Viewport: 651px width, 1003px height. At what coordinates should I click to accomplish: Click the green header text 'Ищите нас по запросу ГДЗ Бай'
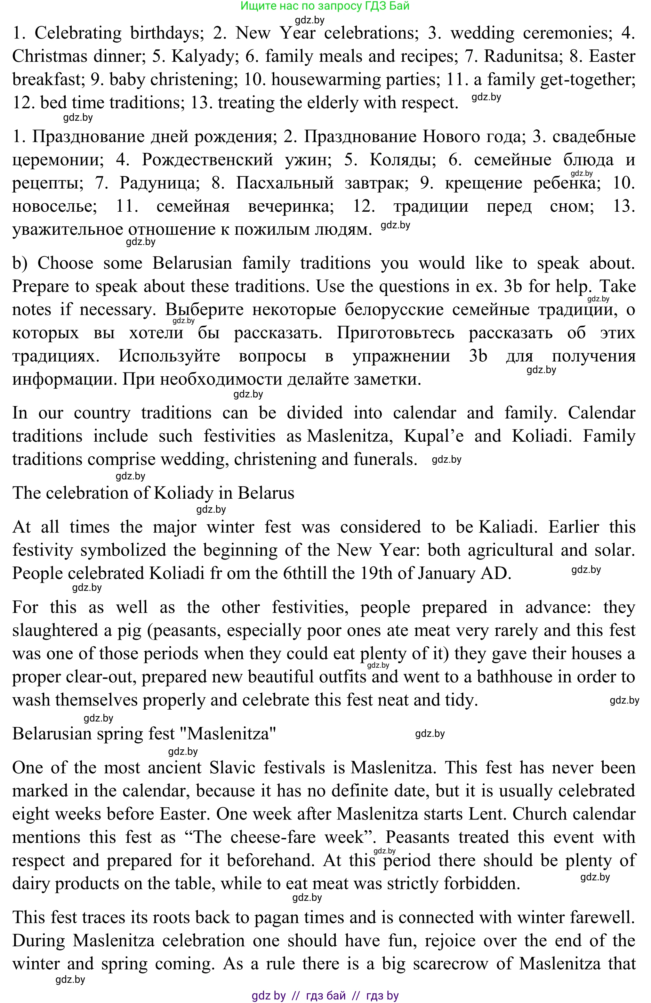[x=325, y=6]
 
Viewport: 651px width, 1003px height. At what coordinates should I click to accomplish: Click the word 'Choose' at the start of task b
[x=65, y=263]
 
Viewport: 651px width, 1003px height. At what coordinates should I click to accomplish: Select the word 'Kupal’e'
[x=434, y=436]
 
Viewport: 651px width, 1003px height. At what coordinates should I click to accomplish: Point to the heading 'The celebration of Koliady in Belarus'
[x=153, y=493]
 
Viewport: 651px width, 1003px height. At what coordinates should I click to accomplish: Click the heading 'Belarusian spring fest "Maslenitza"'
[x=144, y=734]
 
